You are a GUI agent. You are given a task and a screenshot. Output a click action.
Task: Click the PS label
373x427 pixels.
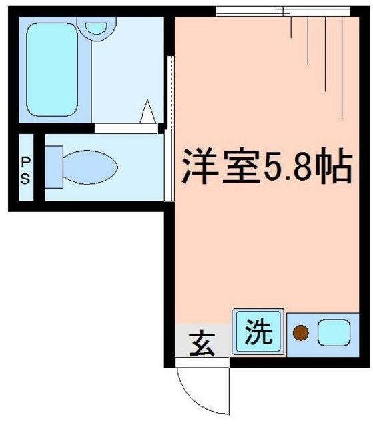(x=25, y=169)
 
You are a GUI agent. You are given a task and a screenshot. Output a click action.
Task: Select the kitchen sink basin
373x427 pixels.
(x=333, y=332)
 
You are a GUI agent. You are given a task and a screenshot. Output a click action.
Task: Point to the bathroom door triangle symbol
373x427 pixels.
(x=148, y=111)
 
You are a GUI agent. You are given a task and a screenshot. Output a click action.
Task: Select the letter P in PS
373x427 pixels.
(x=25, y=161)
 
